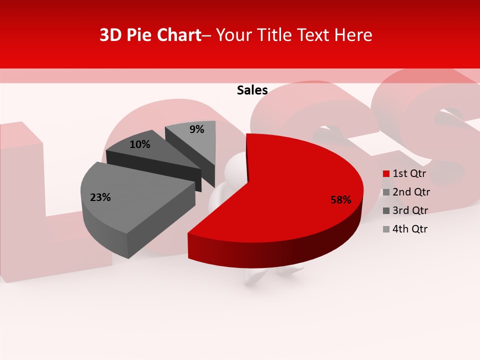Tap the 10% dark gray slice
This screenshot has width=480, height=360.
pyautogui.click(x=150, y=150)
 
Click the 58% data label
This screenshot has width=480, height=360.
pyautogui.click(x=341, y=200)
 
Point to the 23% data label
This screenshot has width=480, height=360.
pyautogui.click(x=100, y=197)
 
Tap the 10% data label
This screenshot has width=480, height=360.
pyautogui.click(x=140, y=144)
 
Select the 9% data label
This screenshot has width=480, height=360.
pyautogui.click(x=197, y=129)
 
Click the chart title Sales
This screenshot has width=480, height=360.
pyautogui.click(x=252, y=90)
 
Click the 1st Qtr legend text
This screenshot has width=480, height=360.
pyautogui.click(x=409, y=173)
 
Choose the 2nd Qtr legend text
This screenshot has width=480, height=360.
pyautogui.click(x=411, y=192)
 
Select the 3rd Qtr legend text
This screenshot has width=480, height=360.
pyautogui.click(x=410, y=210)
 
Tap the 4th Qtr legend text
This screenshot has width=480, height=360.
pyautogui.click(x=410, y=229)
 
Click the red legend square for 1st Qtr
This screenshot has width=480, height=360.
pyautogui.click(x=386, y=174)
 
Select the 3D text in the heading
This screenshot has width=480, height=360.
pyautogui.click(x=110, y=35)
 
